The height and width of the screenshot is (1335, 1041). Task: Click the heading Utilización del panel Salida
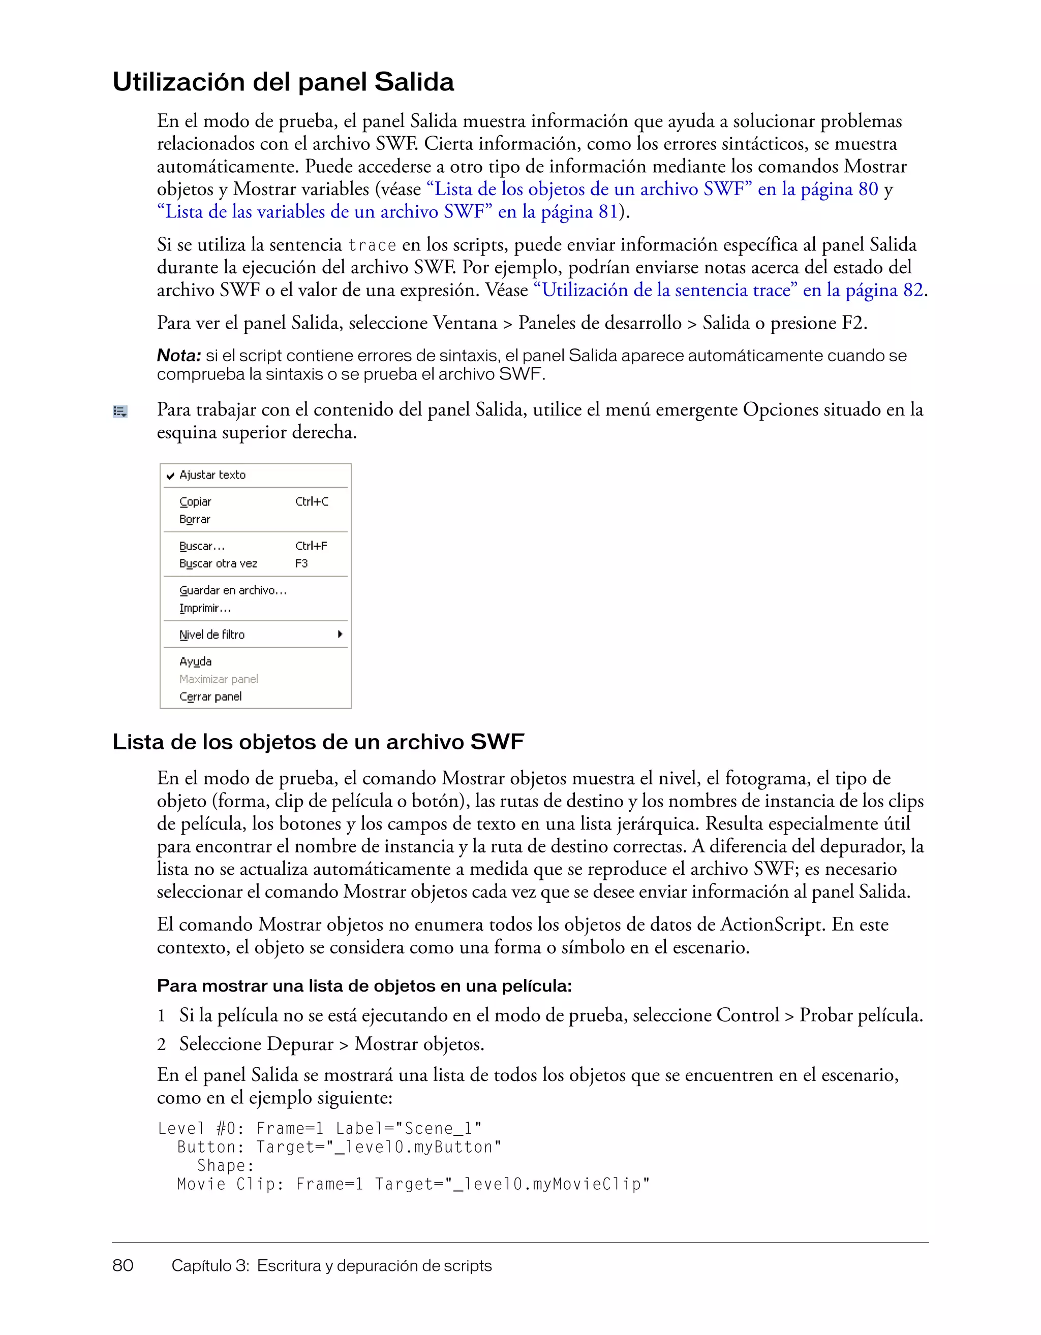coord(283,82)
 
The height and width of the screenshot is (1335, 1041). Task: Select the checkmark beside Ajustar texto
coord(171,475)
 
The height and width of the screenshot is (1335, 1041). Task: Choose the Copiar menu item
coord(195,502)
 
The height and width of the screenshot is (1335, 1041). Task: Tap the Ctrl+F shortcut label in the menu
coord(311,546)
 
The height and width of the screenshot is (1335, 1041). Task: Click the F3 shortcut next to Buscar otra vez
coord(301,563)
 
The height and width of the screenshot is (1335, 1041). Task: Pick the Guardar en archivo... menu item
coord(232,590)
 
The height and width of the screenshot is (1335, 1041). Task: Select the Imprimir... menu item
coord(204,608)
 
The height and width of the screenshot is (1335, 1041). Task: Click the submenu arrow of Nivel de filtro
coord(340,634)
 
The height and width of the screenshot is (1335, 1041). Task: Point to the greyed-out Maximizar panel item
coord(219,679)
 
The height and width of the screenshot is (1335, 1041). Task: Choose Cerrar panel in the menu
coord(210,697)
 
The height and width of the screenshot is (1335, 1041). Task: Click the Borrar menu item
coord(195,520)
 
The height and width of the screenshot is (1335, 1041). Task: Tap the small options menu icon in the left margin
coord(120,411)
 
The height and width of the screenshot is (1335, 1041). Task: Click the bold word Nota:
coord(178,355)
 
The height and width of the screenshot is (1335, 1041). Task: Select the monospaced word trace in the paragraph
coord(372,246)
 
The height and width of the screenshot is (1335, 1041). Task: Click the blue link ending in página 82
coord(728,290)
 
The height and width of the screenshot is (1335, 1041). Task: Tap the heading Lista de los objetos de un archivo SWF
coord(318,742)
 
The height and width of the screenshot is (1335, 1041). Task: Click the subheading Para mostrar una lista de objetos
coord(364,986)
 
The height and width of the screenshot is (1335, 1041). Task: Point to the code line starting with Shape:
coord(225,1166)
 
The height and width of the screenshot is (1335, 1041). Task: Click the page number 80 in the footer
coord(123,1265)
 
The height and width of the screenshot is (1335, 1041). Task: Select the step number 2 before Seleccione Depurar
coord(162,1044)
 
